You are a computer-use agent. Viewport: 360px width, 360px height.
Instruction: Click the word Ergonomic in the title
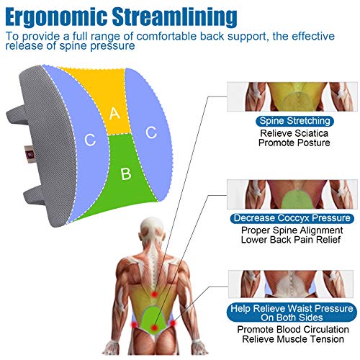point(56,17)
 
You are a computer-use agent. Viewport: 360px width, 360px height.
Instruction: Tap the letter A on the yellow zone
point(114,113)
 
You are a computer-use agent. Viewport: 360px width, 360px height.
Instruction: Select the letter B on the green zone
point(126,174)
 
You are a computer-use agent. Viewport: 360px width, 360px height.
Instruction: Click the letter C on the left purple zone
point(90,140)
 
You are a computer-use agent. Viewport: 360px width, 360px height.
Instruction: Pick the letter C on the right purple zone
point(151,132)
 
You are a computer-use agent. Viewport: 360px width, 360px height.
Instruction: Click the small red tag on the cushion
point(30,154)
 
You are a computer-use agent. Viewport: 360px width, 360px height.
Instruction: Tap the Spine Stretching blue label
point(294,121)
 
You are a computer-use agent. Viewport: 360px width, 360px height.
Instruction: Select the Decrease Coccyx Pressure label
point(292,218)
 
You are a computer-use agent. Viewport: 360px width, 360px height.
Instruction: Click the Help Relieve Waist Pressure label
point(292,312)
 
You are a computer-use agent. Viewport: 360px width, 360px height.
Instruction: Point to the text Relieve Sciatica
point(294,133)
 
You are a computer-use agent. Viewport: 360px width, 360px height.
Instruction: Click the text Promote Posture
point(294,143)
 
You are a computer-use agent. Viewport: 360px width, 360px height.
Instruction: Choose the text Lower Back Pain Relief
point(291,240)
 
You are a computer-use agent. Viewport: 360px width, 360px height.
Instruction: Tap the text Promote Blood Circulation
point(293,330)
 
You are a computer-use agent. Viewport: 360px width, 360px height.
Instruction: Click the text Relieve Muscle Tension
point(293,339)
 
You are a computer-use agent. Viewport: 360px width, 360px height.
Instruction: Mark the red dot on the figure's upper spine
point(154,294)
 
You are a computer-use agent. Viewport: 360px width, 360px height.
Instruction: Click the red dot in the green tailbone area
point(154,328)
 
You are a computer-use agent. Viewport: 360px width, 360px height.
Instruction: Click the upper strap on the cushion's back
point(17,116)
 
